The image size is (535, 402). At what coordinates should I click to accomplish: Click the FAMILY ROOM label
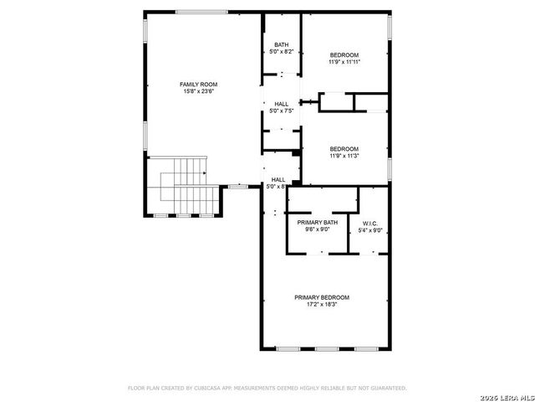(199, 85)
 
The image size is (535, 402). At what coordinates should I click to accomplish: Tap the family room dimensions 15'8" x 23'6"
(199, 91)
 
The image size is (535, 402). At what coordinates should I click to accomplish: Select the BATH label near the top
(281, 45)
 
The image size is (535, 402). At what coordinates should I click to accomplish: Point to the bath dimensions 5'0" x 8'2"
(281, 52)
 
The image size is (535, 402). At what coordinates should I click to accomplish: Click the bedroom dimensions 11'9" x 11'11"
(344, 61)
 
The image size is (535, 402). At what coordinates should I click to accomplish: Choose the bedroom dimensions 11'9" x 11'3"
(344, 156)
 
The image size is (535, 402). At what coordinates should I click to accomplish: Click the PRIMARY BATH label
(317, 222)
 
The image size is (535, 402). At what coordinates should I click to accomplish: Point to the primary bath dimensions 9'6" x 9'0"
(317, 229)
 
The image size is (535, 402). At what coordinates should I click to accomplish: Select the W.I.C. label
(370, 223)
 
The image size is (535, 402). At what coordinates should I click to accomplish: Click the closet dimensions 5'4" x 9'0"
(370, 229)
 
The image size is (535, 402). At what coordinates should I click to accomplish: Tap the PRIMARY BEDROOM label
(321, 297)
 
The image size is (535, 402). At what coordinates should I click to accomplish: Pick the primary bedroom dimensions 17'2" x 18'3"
(321, 305)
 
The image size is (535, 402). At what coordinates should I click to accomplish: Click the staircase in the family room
(186, 186)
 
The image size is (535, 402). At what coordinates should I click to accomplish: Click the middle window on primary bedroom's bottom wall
(326, 348)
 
